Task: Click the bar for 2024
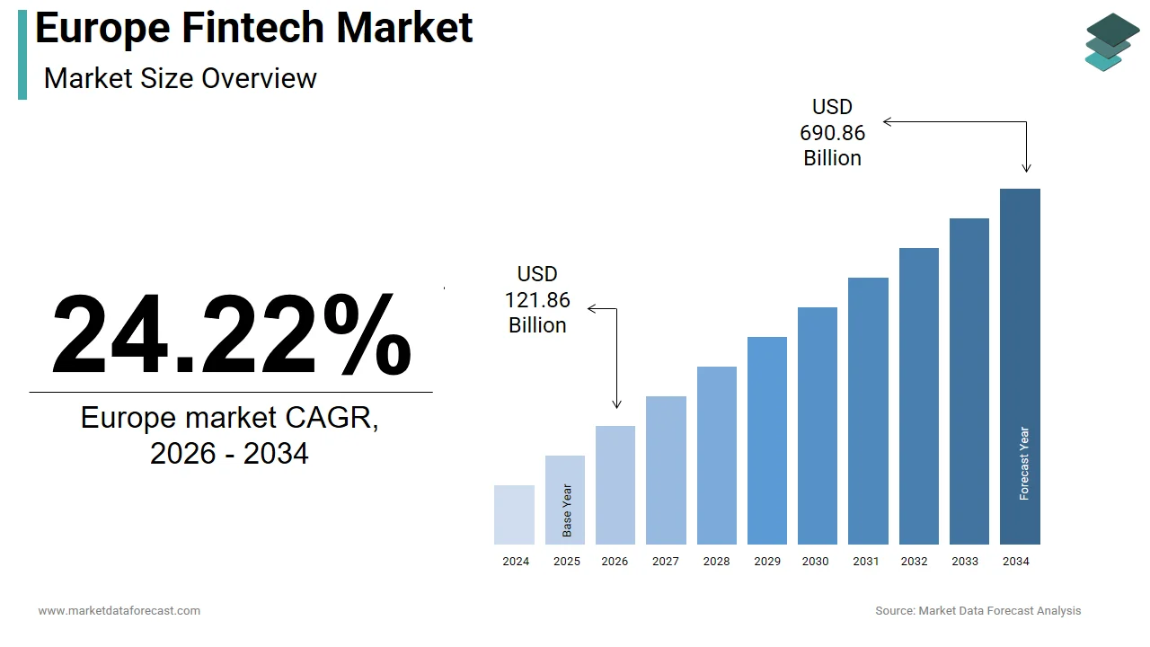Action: (514, 515)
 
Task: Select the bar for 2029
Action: (766, 440)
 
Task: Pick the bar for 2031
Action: (868, 411)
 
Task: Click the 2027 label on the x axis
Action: (666, 562)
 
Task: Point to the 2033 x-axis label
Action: (965, 562)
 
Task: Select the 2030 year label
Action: (816, 562)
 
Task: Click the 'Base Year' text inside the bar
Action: (567, 510)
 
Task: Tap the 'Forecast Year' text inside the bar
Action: (1024, 464)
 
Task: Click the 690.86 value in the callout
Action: (832, 133)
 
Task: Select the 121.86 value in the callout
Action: (537, 300)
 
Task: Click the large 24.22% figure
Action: (231, 335)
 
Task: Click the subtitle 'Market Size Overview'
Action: (180, 78)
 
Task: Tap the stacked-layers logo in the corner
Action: (1112, 41)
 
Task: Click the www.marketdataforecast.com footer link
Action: (119, 611)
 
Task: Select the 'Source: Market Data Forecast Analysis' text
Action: (978, 611)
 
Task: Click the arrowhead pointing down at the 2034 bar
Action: (1026, 167)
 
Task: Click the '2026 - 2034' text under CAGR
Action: (229, 454)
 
